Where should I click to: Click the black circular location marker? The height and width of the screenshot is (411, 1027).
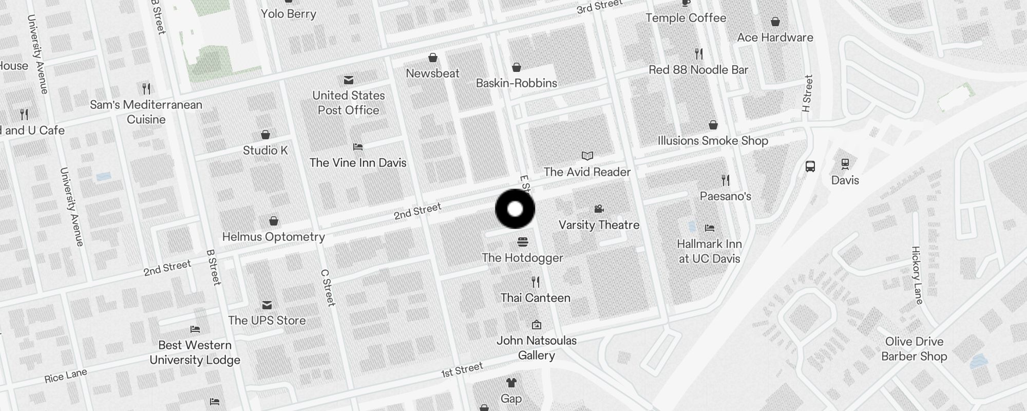515,209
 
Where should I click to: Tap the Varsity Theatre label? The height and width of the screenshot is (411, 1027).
599,225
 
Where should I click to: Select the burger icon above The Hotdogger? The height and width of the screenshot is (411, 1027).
523,242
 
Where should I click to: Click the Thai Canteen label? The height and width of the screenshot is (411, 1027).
535,298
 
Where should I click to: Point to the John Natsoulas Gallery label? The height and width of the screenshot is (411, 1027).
536,348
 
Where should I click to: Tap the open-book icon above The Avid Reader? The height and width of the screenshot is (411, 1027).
587,156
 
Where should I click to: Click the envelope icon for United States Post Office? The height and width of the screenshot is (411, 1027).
349,80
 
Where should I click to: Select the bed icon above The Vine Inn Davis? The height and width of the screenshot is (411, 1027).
358,147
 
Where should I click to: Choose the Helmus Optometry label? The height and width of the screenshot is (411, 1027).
273,237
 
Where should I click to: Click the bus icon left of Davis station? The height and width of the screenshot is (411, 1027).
810,166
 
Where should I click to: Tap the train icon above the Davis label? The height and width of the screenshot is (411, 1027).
845,164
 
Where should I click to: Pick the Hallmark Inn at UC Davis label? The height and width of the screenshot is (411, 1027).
709,251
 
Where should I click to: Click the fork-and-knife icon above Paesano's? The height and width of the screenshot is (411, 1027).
725,180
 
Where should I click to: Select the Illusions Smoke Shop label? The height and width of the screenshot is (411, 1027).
713,141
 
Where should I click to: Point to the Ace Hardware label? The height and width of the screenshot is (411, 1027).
775,38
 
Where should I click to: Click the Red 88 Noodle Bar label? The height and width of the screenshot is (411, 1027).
698,70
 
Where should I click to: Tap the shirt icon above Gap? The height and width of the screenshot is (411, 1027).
511,383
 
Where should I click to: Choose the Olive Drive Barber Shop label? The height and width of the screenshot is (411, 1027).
914,349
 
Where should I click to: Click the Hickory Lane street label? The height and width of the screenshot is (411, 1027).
917,275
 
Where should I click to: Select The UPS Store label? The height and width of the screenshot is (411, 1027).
267,321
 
